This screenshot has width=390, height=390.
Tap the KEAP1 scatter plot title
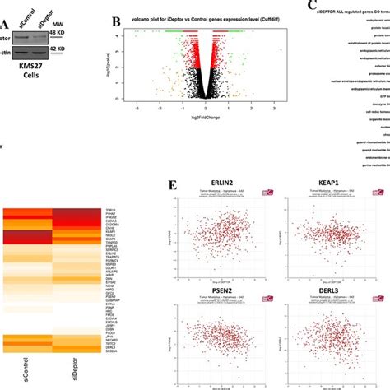tap(318, 210)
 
